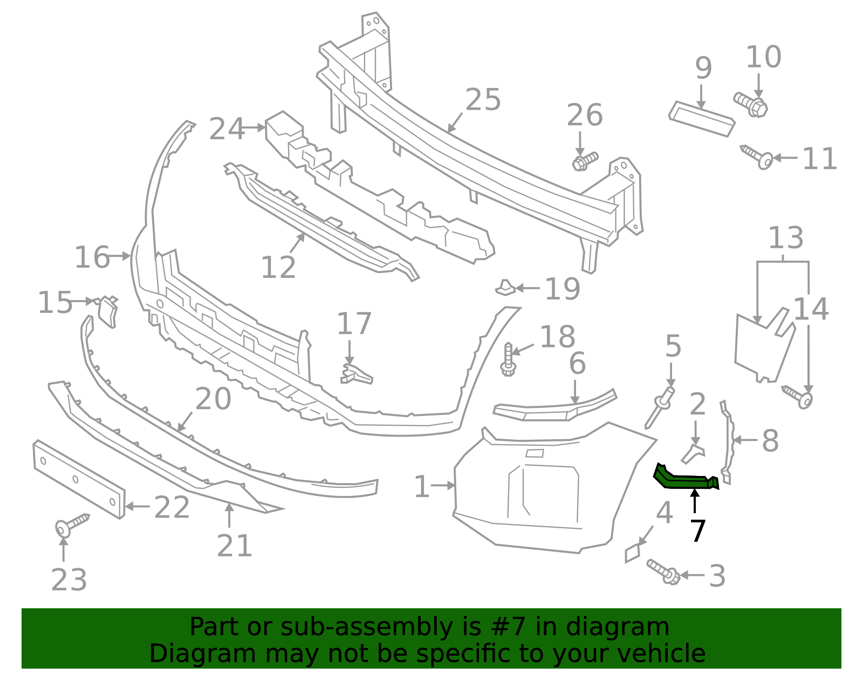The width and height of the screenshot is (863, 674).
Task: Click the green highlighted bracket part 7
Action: coord(682,479)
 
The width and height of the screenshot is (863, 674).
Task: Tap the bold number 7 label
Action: coord(697,532)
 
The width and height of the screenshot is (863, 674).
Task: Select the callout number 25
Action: coord(483,100)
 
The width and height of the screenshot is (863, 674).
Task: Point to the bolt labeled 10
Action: coord(751,104)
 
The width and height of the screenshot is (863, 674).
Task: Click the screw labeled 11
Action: coord(758,157)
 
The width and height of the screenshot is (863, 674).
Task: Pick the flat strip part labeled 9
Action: coord(701,119)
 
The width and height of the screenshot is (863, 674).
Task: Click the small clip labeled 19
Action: coord(505,288)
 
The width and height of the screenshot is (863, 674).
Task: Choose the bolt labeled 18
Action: coord(508,359)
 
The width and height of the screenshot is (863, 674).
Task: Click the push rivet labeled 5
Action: coord(660,407)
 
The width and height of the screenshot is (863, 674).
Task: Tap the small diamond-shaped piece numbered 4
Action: coord(632,554)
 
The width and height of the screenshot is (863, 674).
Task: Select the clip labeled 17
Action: coord(355,373)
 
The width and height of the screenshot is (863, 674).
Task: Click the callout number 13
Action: coord(785,239)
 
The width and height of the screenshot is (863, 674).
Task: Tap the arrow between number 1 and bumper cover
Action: coord(443,486)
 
